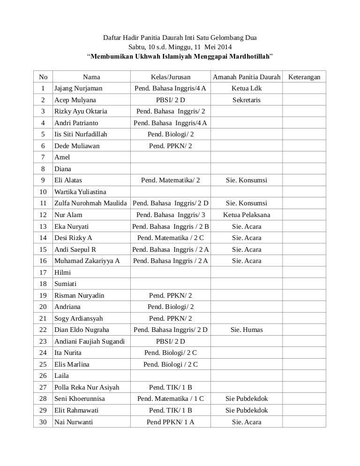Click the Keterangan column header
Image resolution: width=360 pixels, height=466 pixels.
[304, 77]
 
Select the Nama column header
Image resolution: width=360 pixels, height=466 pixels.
[91, 77]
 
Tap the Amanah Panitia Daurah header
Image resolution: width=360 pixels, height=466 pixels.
[247, 77]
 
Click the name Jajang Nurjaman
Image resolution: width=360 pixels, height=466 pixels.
[78, 88]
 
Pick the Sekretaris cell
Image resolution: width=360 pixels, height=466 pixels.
[247, 100]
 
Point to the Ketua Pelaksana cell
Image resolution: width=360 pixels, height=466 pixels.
[247, 215]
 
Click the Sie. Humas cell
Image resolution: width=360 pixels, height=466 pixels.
[247, 330]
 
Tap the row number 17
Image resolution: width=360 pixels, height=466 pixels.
[43, 272]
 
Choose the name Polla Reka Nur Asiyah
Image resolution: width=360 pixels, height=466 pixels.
[87, 387]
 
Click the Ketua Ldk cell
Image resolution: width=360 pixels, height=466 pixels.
[247, 88]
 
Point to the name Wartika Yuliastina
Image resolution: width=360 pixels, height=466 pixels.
[80, 192]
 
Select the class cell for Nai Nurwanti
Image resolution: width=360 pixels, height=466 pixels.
[171, 422]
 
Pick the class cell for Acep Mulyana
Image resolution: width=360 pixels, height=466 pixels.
[171, 100]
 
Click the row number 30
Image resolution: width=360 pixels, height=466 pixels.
[43, 422]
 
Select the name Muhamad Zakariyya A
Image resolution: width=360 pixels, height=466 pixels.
[87, 261]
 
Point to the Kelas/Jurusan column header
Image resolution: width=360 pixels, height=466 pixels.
[171, 77]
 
